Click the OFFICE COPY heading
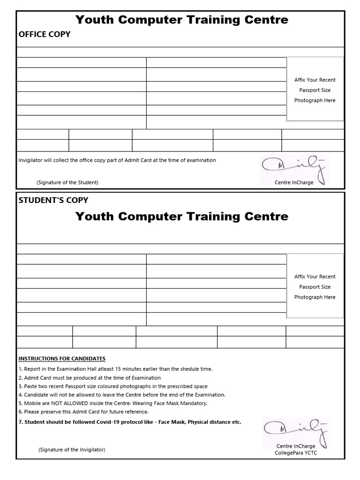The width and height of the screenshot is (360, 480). pos(45,34)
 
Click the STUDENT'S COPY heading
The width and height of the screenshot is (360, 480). pos(53,200)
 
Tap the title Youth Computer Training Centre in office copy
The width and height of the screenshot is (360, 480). pos(182,20)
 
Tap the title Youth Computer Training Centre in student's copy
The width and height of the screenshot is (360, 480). pos(182,217)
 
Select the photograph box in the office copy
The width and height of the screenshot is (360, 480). pos(315,90)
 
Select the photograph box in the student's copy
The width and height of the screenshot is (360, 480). pos(315,286)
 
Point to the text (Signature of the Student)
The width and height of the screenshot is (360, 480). pos(67,182)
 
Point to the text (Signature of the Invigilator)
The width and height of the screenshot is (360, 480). pos(72,450)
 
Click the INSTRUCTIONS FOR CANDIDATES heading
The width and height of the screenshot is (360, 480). pos(62,359)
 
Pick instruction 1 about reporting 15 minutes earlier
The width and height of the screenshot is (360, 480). pos(115,369)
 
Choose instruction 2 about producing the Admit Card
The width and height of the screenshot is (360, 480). pos(90,378)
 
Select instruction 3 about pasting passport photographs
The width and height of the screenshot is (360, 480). pos(113,386)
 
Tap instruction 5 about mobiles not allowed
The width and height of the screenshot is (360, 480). pos(113,403)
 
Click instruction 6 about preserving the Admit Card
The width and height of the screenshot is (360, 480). pos(83,412)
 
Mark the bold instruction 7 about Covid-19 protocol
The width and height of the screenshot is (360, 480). pos(130,422)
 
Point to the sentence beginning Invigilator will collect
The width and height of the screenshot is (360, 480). pos(117,160)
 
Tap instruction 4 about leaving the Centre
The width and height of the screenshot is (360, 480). pos(122,395)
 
